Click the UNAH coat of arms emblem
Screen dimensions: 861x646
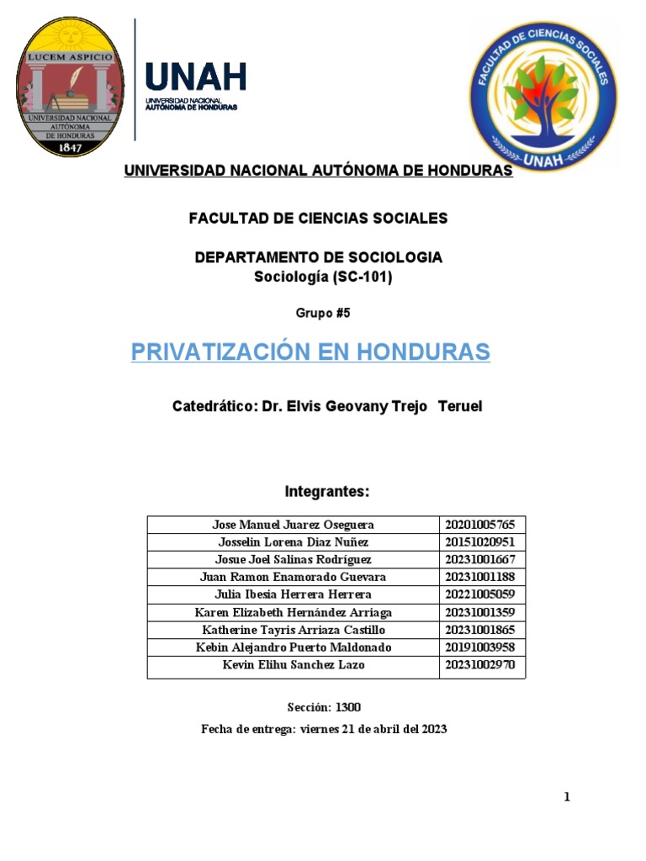click(71, 88)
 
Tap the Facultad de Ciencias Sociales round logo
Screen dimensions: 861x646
click(543, 95)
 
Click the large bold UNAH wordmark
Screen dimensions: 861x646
click(196, 78)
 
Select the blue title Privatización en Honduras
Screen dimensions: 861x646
click(310, 351)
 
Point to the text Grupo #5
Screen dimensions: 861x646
click(322, 313)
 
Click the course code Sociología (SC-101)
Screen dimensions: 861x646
click(323, 277)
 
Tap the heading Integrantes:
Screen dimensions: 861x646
click(327, 491)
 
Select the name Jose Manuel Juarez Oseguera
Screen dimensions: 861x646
click(293, 525)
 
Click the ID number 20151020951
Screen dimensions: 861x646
click(479, 542)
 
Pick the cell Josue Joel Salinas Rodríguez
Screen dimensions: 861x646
click(293, 559)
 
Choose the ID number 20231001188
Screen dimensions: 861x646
click(479, 577)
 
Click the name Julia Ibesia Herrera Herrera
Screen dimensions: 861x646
click(293, 594)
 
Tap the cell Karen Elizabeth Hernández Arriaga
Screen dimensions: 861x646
click(293, 612)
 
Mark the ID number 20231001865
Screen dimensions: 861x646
click(479, 630)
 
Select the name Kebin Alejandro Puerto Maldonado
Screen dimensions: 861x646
click(293, 647)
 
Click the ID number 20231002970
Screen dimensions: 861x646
click(479, 664)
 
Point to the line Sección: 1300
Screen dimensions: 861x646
click(324, 707)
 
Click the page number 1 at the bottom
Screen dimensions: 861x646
click(567, 797)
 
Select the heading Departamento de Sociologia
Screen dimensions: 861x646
click(319, 257)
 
